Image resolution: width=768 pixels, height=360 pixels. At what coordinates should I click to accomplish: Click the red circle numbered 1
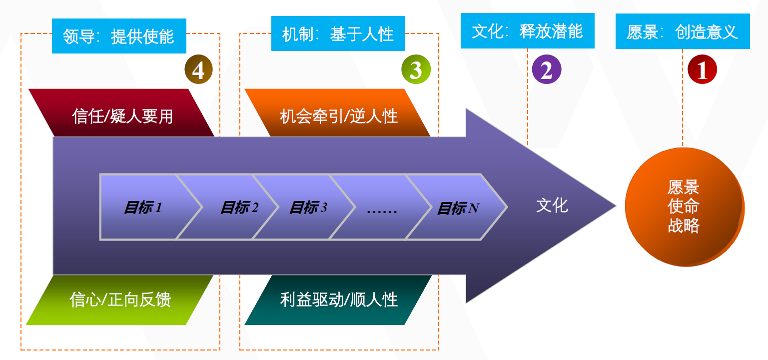(702, 69)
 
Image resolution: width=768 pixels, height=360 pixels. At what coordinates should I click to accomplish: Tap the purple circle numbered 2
(547, 69)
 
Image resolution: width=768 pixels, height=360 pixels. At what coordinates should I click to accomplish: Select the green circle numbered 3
(415, 69)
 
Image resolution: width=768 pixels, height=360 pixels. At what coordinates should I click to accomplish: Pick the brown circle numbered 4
(198, 69)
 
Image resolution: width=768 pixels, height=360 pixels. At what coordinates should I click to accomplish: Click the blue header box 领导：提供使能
(118, 36)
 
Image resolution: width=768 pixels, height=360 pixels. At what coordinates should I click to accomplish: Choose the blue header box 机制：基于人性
(338, 33)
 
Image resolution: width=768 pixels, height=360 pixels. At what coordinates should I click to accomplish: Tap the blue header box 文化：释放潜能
(527, 30)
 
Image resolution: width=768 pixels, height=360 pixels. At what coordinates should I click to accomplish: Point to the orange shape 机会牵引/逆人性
(338, 113)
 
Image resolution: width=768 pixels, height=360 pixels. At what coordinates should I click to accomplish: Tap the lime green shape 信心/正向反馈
(120, 299)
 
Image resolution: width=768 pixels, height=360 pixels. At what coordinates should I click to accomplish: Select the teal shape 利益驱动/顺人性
(338, 299)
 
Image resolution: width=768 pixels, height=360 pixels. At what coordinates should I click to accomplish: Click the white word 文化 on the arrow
(552, 205)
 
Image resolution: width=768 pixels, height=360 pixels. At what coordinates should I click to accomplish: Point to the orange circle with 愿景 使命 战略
(684, 206)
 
